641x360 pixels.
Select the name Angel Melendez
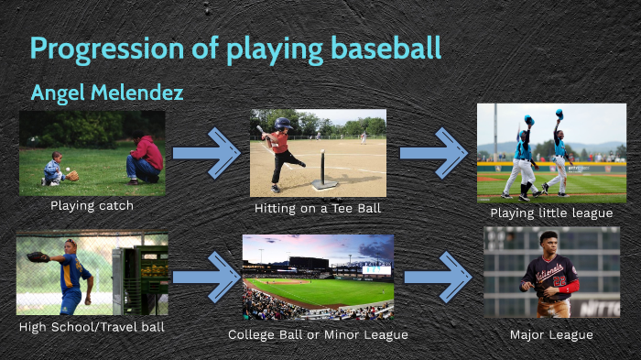click(x=106, y=93)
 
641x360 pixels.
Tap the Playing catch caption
click(x=92, y=205)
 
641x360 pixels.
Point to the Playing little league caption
click(x=551, y=213)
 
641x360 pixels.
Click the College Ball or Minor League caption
click(x=318, y=334)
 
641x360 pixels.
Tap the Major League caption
click(x=551, y=334)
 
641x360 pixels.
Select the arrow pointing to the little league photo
click(x=433, y=153)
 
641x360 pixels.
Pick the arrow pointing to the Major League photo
click(x=438, y=276)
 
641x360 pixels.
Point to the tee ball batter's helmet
click(x=283, y=123)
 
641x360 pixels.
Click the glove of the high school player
click(x=38, y=258)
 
